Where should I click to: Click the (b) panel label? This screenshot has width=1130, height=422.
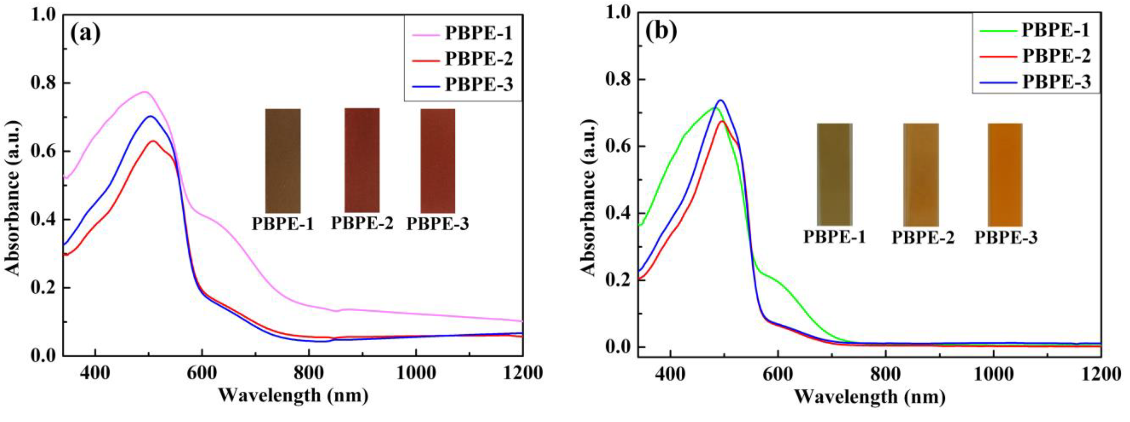[x=661, y=31]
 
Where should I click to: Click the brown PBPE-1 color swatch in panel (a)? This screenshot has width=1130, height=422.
[x=283, y=161]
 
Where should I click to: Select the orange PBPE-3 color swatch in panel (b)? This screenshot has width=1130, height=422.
[x=1005, y=174]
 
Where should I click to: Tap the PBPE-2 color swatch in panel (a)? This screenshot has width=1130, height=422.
[x=362, y=161]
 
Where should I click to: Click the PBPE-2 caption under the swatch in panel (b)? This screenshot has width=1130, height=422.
[x=923, y=238]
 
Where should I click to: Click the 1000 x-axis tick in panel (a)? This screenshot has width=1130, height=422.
[x=416, y=373]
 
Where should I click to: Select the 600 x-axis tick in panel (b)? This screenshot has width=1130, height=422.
[x=778, y=374]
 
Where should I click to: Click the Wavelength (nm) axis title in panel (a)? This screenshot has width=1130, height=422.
[x=293, y=395]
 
